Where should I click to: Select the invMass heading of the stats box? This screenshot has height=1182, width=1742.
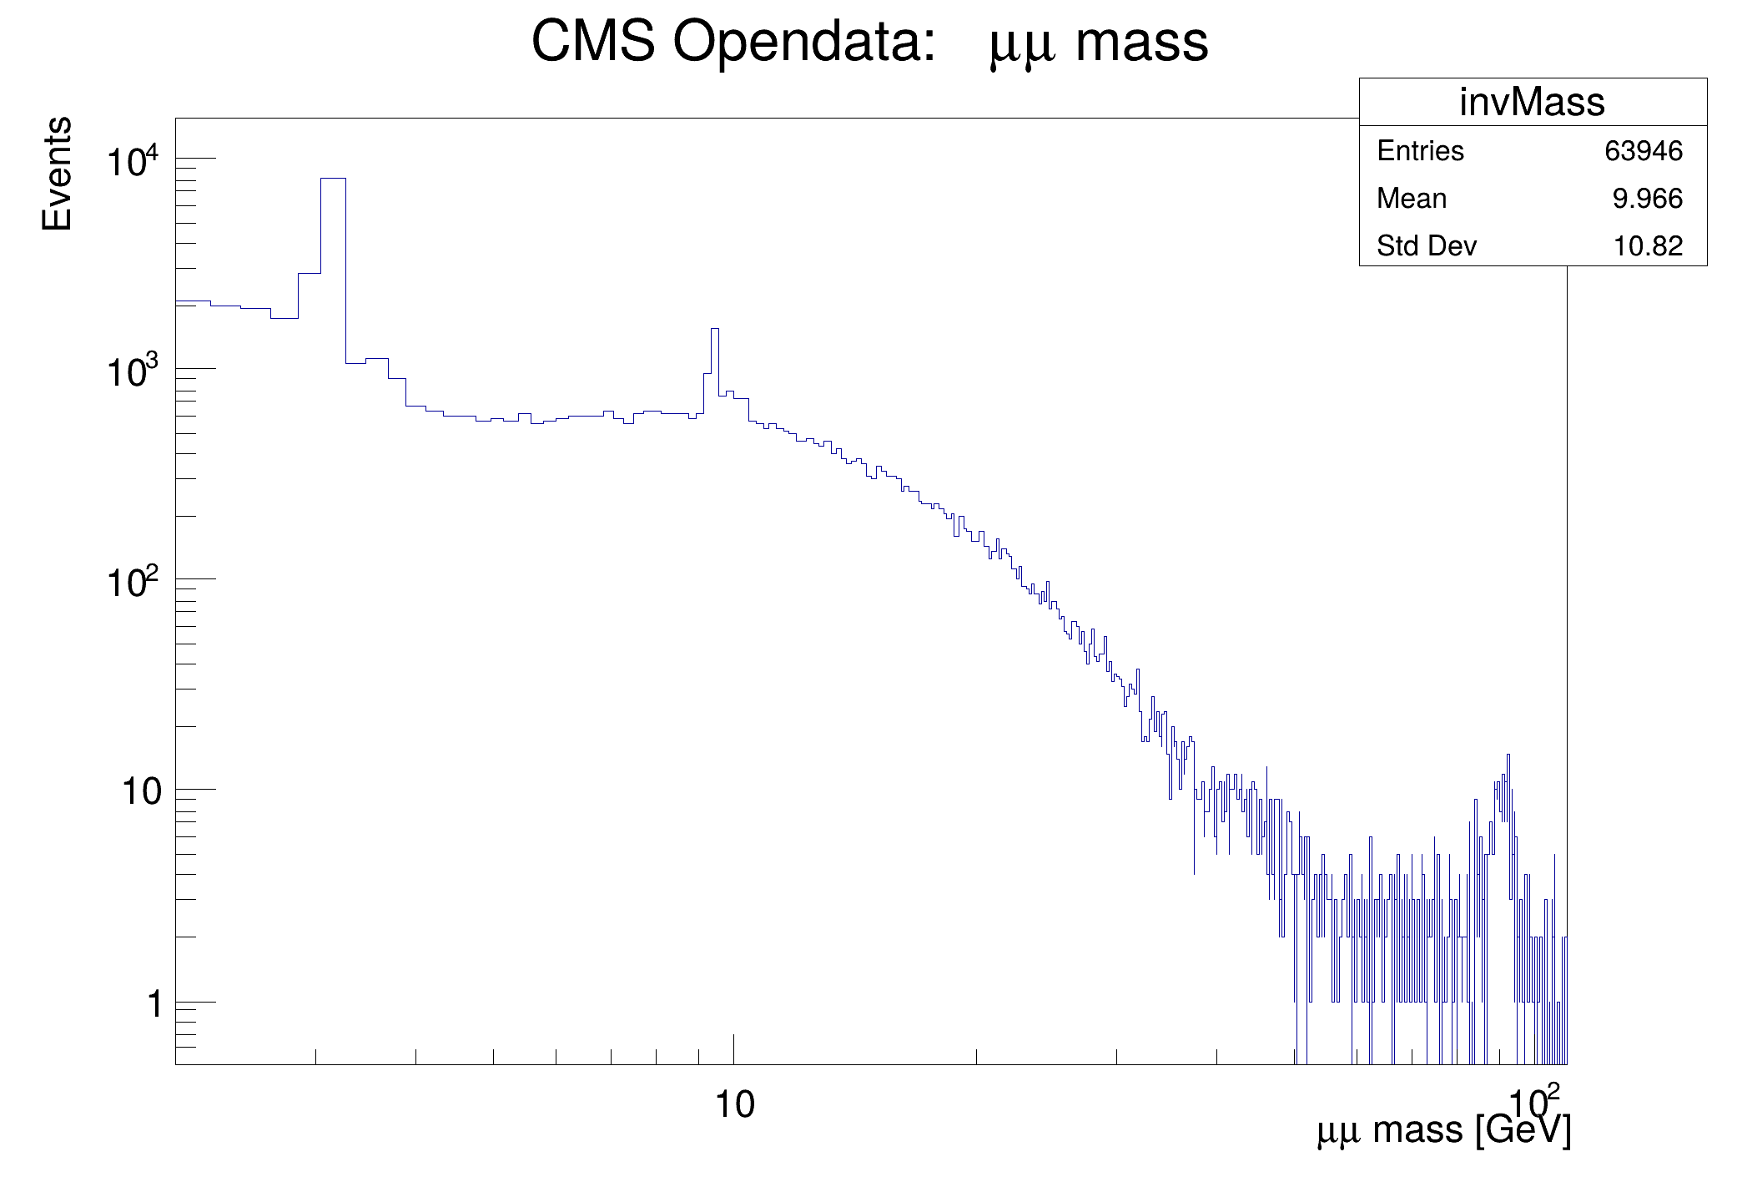click(x=1532, y=103)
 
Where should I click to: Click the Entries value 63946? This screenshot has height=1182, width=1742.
click(x=1643, y=151)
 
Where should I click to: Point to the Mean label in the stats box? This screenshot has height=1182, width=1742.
click(x=1412, y=199)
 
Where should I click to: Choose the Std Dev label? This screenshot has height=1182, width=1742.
click(x=1427, y=246)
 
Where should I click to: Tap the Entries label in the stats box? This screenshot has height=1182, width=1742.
click(x=1420, y=151)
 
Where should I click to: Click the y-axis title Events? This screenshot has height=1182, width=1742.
click(x=57, y=174)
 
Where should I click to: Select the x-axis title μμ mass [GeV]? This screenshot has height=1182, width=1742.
click(x=1443, y=1130)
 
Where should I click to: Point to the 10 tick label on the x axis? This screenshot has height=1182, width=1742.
click(x=735, y=1105)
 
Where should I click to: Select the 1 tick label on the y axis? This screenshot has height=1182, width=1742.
click(x=154, y=1004)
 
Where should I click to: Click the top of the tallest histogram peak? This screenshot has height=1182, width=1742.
click(x=333, y=179)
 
